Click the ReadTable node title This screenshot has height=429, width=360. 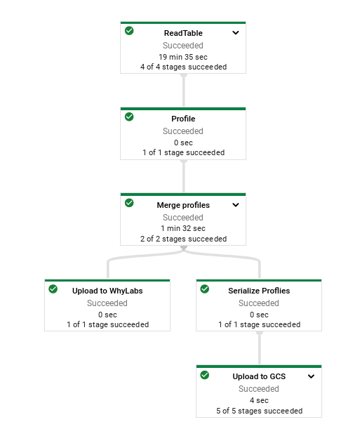coord(183,33)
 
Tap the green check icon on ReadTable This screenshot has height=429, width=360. coord(129,31)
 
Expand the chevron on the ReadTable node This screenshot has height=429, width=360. coord(236,32)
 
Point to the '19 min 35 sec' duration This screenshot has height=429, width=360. coord(183,57)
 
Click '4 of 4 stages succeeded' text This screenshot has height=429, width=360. coord(183,67)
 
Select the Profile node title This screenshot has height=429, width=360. coord(183,119)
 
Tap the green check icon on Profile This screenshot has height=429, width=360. coord(129,117)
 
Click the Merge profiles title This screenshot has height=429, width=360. coord(183,206)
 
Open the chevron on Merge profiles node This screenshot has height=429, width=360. coord(236,205)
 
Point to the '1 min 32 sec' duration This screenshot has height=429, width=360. coord(183,228)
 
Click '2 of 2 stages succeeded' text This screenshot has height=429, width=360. coord(183,239)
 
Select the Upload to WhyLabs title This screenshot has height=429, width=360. coord(108,291)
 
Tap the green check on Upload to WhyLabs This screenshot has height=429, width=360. coord(53,289)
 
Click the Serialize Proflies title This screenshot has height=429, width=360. coord(259,291)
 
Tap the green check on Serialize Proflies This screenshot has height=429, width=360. coord(204,289)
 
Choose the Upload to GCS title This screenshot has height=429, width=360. coord(259,377)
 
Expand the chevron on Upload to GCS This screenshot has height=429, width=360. coord(311,376)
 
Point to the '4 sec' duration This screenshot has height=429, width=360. coord(259,400)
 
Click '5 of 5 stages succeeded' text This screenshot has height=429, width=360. coord(259,411)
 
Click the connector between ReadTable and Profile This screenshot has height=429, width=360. coord(184,90)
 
